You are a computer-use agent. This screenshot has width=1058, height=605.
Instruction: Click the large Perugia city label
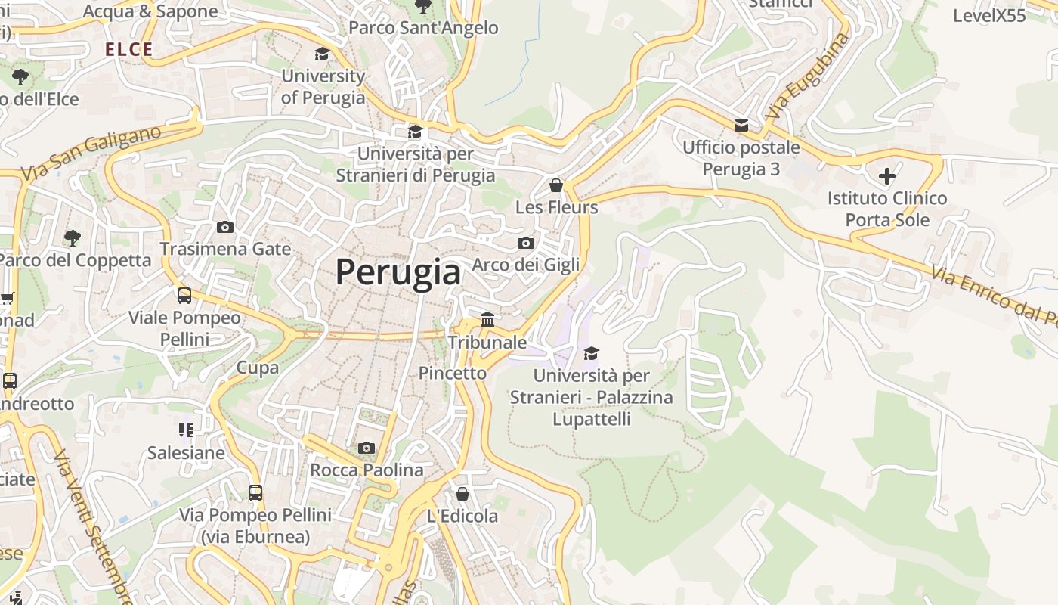(398, 271)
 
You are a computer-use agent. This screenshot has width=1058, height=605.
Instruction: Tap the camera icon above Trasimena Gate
(224, 227)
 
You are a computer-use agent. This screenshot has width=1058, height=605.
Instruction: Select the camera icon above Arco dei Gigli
(526, 243)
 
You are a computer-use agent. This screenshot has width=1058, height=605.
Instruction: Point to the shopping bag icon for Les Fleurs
(556, 185)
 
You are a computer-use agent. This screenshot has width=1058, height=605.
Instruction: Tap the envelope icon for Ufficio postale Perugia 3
(741, 125)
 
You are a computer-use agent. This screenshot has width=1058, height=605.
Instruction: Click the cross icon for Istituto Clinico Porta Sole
(886, 177)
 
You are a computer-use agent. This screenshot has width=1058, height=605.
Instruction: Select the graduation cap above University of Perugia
(323, 54)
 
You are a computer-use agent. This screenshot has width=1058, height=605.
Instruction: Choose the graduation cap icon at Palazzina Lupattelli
(591, 353)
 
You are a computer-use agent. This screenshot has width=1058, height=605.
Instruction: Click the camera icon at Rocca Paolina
(367, 448)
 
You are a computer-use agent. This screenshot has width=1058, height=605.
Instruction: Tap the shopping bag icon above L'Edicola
(462, 494)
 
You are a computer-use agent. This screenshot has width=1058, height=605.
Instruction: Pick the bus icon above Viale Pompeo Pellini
(184, 296)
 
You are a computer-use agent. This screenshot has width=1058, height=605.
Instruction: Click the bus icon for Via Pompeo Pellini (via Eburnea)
(255, 493)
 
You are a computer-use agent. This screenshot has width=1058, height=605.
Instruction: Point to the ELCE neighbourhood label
(129, 50)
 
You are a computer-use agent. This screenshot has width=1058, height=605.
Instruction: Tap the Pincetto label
(453, 373)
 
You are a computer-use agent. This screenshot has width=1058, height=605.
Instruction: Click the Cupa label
(258, 368)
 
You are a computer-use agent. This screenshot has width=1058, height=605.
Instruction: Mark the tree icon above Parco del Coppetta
(72, 238)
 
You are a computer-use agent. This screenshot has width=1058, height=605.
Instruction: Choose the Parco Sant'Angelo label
(423, 28)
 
